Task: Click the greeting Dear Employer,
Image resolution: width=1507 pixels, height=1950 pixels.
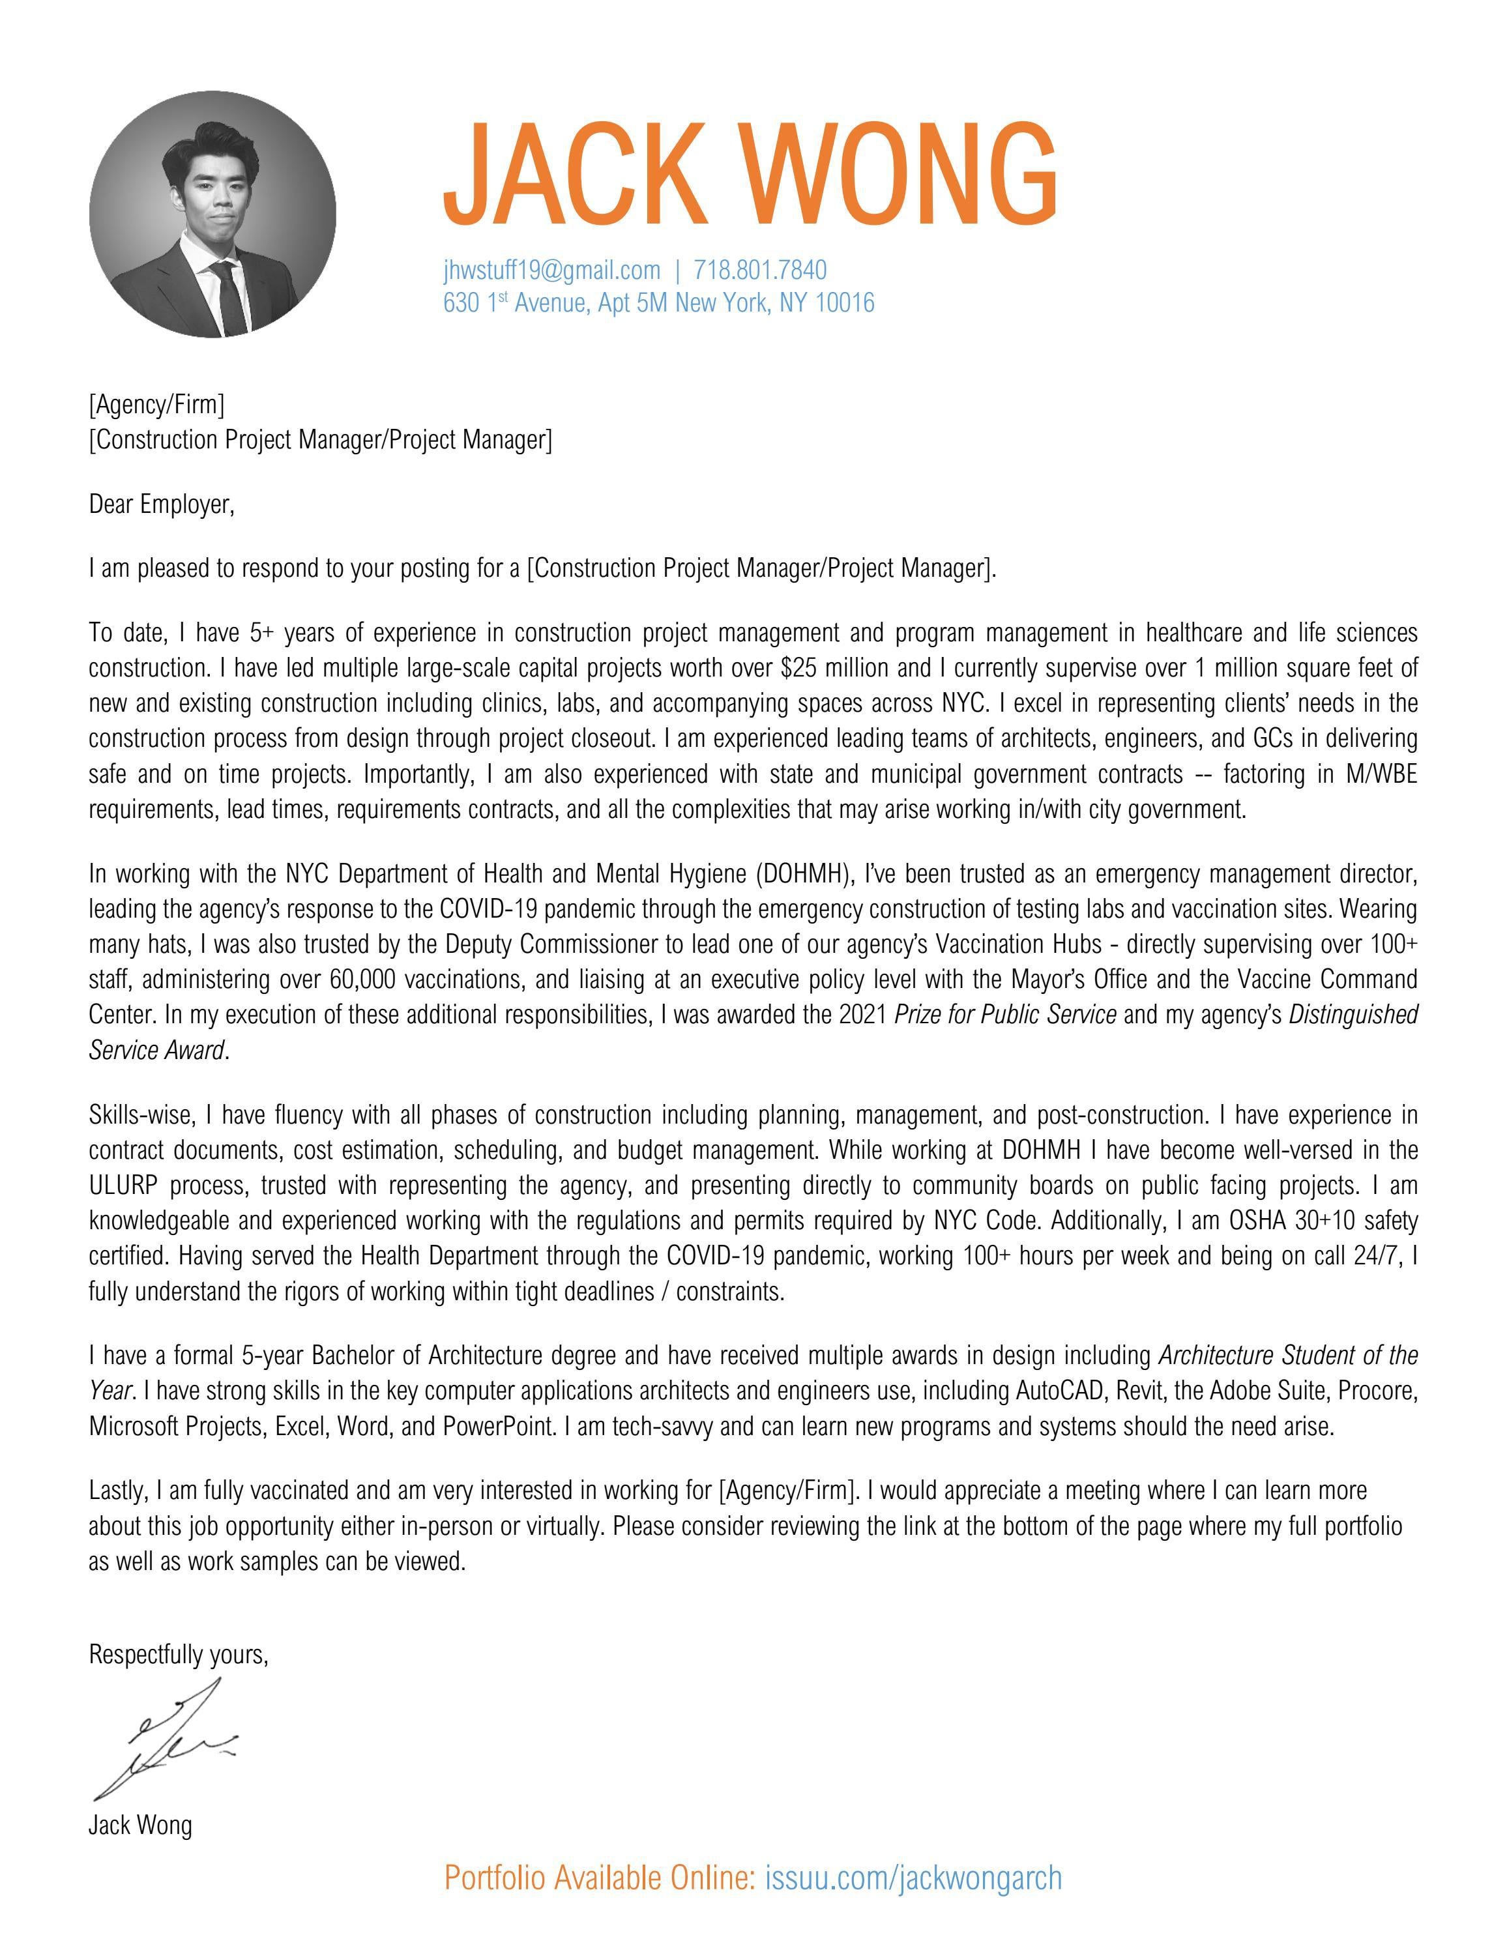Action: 161,505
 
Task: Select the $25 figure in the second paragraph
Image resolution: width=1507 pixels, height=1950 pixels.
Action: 800,669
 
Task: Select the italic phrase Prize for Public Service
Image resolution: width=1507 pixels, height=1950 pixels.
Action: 1005,1015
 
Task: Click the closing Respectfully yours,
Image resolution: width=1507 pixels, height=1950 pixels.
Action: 179,1655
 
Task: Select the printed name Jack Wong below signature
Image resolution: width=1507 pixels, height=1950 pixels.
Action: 140,1825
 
